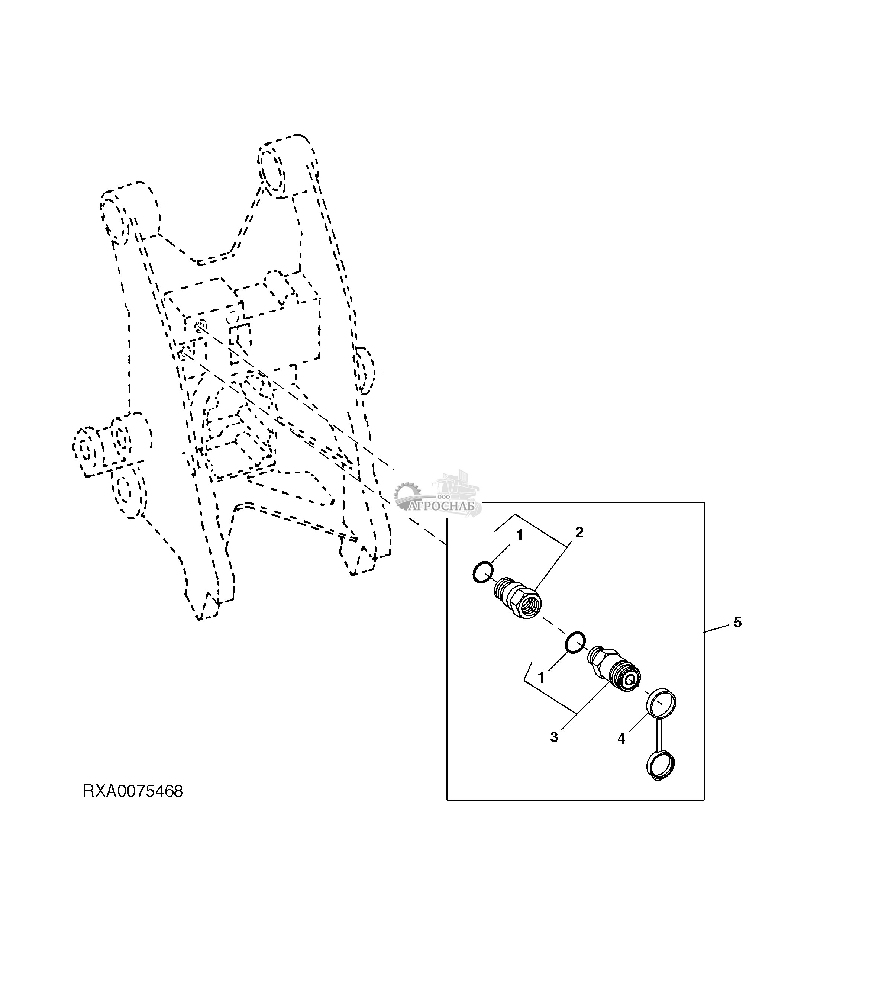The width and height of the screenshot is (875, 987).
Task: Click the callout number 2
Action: click(x=579, y=533)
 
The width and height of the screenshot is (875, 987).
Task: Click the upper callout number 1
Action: click(x=519, y=536)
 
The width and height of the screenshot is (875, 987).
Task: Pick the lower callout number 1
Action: click(x=541, y=678)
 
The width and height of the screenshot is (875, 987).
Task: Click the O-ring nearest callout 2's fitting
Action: click(x=482, y=572)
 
